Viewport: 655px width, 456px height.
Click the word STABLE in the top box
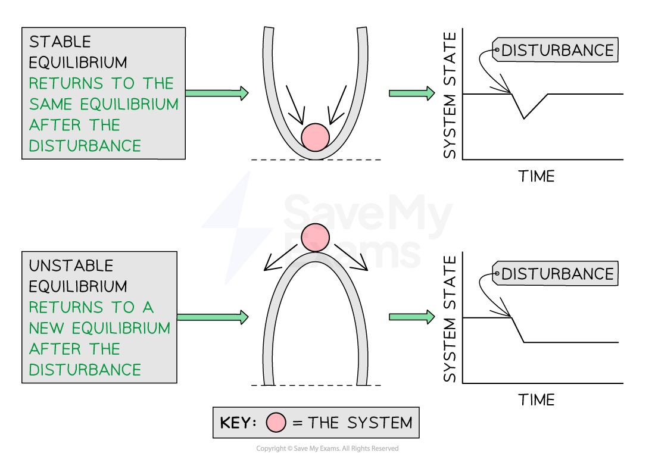[x=60, y=42]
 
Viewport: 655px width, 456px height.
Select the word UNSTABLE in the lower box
[x=71, y=266]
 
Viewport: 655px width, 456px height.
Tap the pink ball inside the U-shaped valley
[x=315, y=138]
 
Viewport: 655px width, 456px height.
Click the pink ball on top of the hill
[x=315, y=238]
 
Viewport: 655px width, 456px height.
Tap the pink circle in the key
[x=276, y=423]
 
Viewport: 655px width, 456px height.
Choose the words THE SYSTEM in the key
[x=360, y=423]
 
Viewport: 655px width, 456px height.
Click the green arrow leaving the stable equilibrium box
[x=216, y=93]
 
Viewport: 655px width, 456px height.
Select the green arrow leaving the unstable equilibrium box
[x=212, y=317]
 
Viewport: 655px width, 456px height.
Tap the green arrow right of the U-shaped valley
[x=411, y=93]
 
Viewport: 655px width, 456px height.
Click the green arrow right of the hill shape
[x=411, y=317]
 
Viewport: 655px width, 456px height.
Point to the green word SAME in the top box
[x=52, y=105]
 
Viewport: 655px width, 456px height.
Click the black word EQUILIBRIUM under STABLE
[x=78, y=63]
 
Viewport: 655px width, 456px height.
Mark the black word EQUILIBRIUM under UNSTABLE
[x=78, y=287]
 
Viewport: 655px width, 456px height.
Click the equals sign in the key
[x=298, y=423]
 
